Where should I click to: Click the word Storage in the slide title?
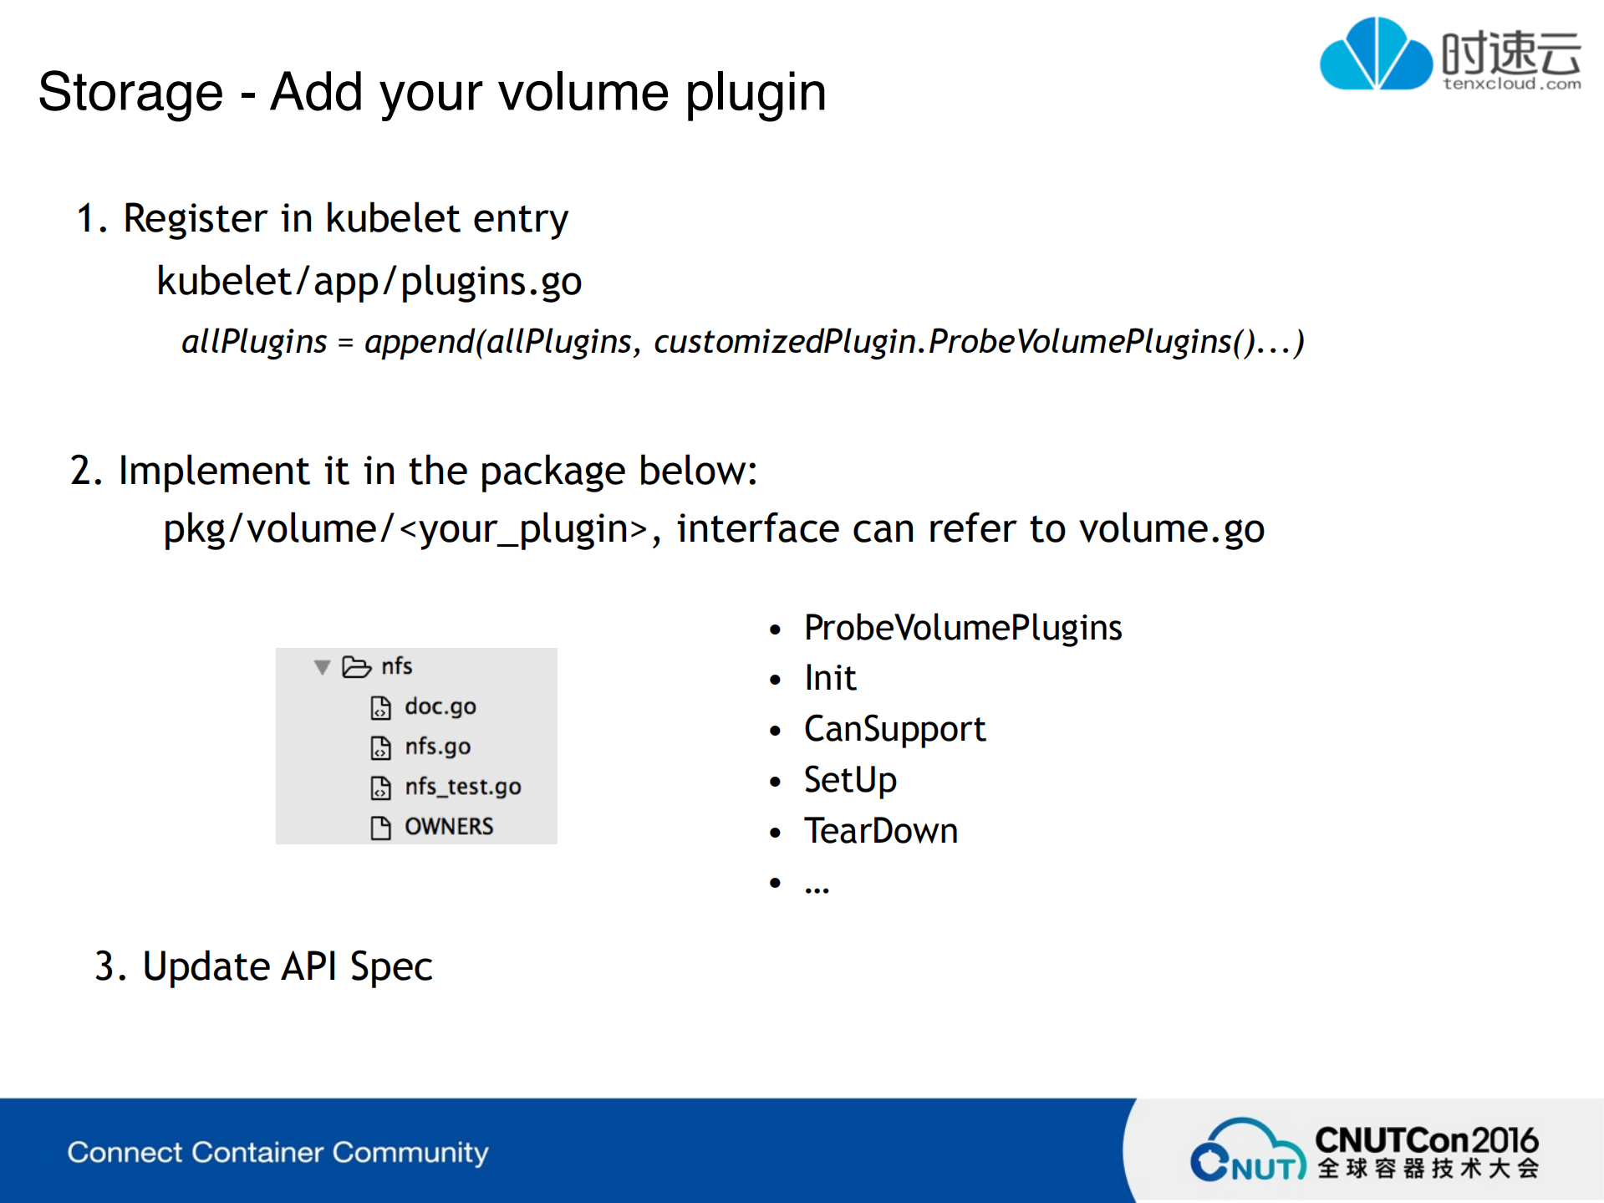(130, 92)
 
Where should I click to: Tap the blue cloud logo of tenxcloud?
(1375, 54)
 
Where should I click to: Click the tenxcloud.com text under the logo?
(1511, 84)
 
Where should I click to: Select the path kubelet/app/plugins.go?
(369, 282)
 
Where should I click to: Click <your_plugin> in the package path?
(522, 528)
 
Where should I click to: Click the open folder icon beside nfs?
(356, 666)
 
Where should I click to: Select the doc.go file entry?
(440, 706)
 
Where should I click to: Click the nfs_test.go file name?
(462, 787)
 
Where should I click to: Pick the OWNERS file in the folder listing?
(449, 827)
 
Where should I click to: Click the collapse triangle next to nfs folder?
(322, 667)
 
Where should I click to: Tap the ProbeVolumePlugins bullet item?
(962, 628)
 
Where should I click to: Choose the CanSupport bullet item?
(894, 729)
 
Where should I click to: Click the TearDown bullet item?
(880, 831)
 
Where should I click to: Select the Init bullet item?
(830, 678)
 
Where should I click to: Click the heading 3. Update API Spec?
(263, 966)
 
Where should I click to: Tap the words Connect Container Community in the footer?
(278, 1152)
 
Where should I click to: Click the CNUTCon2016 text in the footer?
(1426, 1140)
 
